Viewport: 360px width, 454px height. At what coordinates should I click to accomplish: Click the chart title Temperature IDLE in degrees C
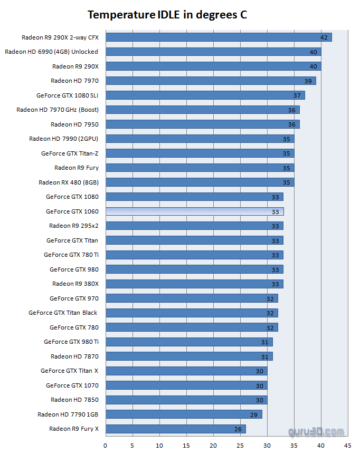(167, 15)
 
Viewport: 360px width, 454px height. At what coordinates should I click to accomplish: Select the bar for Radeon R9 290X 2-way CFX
(219, 37)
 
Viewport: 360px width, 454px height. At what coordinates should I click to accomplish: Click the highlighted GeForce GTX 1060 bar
(194, 211)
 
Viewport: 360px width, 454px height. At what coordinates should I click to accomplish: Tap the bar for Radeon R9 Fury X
(175, 429)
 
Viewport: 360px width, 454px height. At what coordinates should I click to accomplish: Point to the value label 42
(324, 37)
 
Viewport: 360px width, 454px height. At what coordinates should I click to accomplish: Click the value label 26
(238, 429)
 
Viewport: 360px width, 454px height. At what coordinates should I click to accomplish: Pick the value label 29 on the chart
(254, 414)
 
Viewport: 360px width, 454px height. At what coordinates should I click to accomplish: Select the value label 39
(308, 81)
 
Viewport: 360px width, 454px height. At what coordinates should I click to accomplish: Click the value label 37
(297, 95)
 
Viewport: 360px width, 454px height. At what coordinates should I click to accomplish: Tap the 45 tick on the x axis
(347, 446)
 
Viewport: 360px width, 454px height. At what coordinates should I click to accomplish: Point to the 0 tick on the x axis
(106, 446)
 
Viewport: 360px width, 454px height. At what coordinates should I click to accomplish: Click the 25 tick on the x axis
(240, 446)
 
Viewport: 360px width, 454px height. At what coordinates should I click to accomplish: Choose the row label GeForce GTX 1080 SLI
(67, 95)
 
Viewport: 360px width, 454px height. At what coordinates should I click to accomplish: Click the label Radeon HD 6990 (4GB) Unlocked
(51, 52)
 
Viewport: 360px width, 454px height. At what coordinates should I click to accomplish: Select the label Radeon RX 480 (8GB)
(68, 182)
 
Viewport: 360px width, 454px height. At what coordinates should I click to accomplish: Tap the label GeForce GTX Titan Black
(63, 313)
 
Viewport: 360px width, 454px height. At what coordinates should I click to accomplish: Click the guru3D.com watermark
(317, 432)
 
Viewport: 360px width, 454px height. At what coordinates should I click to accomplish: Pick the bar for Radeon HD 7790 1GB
(184, 414)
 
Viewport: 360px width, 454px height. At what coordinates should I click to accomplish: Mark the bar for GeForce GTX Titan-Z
(200, 153)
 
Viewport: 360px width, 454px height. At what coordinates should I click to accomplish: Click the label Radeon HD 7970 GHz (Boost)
(57, 110)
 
